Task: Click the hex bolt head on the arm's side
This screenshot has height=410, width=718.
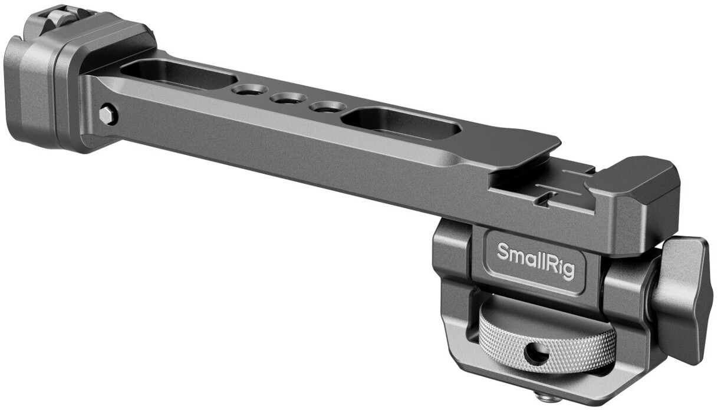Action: coord(107,115)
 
